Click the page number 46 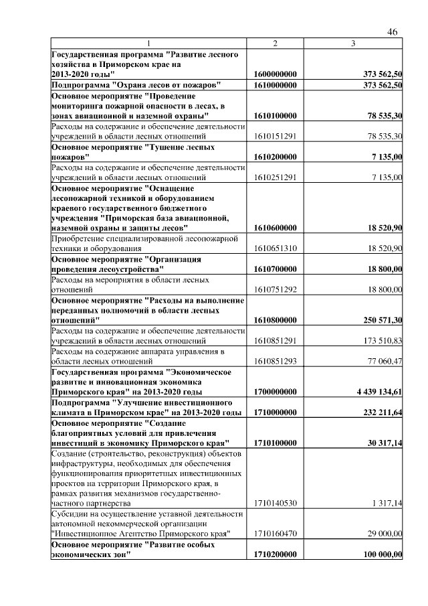coord(393,32)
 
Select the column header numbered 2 coord(275,44)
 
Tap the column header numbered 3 coord(353,44)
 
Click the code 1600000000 coord(276,74)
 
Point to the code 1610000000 coord(276,85)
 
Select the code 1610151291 coord(275,136)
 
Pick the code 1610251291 coord(275,177)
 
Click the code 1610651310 coord(275,248)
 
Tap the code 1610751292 coord(275,289)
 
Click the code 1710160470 coord(275,534)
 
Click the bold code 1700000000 coord(276,392)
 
